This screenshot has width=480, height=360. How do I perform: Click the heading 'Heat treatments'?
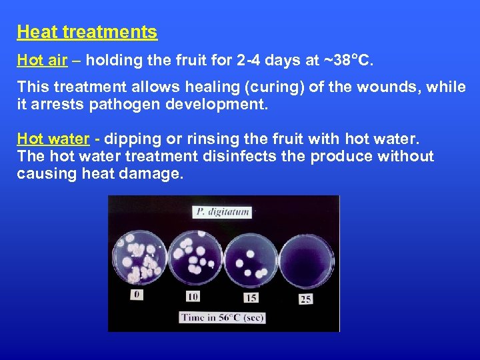pos(87,32)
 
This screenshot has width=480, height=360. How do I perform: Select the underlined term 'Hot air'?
pos(42,61)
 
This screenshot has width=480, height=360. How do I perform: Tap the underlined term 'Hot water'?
pos(53,139)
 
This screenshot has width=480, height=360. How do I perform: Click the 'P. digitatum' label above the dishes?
pos(222,213)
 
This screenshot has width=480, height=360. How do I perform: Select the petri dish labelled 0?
pos(139,256)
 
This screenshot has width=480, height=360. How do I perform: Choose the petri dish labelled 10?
pos(195,257)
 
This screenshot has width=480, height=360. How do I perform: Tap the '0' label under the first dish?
pos(137,294)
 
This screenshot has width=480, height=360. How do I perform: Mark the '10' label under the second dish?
pos(193,296)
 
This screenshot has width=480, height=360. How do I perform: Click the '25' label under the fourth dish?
pos(305,299)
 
